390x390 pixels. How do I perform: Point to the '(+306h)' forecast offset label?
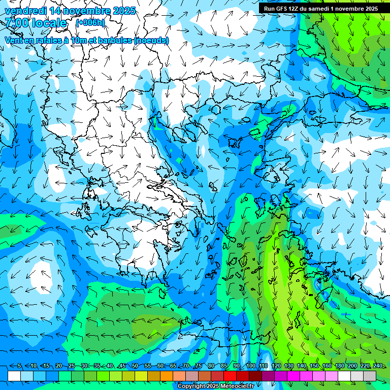pyautogui.click(x=90, y=23)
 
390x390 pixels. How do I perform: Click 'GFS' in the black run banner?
pyautogui.click(x=283, y=8)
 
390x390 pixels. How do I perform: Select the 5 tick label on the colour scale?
pyautogui.click(x=19, y=366)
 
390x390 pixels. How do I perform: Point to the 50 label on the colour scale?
pyautogui.click(x=135, y=366)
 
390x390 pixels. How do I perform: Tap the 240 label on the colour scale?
pyautogui.click(x=377, y=366)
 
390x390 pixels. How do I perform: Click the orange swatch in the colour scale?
pyautogui.click(x=167, y=375)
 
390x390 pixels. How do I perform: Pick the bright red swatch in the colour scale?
pyautogui.click(x=230, y=375)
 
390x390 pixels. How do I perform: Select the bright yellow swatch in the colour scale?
pyautogui.click(x=141, y=375)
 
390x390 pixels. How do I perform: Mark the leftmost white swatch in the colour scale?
pyautogui.click(x=14, y=375)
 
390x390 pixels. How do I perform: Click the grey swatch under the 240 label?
pyautogui.click(x=370, y=375)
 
